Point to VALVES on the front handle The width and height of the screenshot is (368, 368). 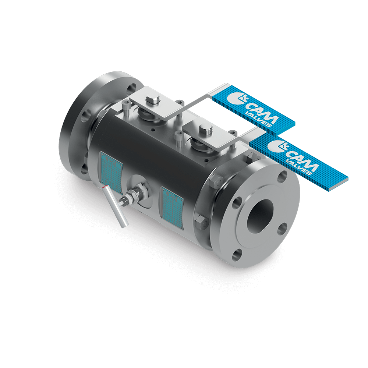point(300,168)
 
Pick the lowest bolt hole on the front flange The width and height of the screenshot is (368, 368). point(238,254)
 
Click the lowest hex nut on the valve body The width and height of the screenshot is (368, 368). point(201,222)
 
